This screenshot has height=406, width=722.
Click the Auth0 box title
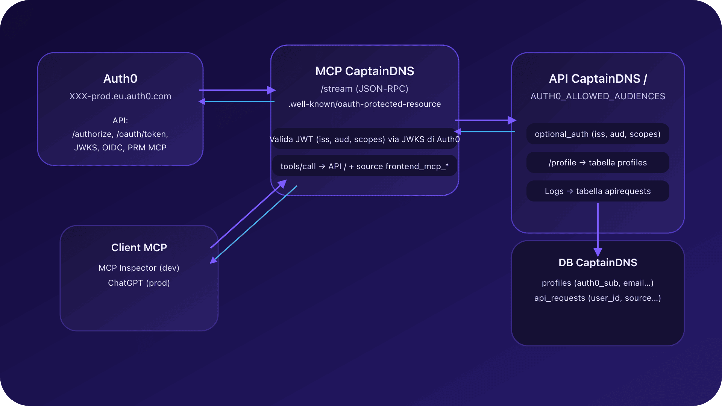pyautogui.click(x=120, y=79)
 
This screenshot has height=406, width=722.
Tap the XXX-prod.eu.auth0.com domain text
pyautogui.click(x=120, y=96)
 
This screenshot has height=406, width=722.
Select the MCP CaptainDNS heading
pyautogui.click(x=364, y=71)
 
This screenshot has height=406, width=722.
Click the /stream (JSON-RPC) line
pyautogui.click(x=364, y=89)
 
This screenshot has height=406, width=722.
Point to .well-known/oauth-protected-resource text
pyautogui.click(x=364, y=104)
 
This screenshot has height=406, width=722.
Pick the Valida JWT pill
pyautogui.click(x=364, y=139)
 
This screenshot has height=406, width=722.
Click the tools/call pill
pyautogui.click(x=364, y=167)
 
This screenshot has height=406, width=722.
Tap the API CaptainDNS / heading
pyautogui.click(x=598, y=79)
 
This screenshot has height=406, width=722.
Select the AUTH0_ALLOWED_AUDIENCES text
pyautogui.click(x=598, y=96)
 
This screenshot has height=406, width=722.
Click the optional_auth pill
pyautogui.click(x=598, y=134)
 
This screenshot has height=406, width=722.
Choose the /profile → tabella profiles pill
pyautogui.click(x=598, y=163)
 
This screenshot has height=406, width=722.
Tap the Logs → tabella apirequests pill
pyautogui.click(x=598, y=191)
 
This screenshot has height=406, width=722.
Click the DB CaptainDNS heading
pyautogui.click(x=598, y=262)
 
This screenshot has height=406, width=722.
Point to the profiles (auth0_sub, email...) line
pyautogui.click(x=598, y=283)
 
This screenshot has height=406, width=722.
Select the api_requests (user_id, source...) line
pyautogui.click(x=598, y=298)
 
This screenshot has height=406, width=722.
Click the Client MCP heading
pyautogui.click(x=139, y=247)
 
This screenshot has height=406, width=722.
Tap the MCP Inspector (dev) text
pyautogui.click(x=139, y=268)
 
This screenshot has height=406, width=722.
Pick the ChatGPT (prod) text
pyautogui.click(x=139, y=283)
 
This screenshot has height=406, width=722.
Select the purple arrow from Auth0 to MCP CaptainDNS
pyautogui.click(x=237, y=90)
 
